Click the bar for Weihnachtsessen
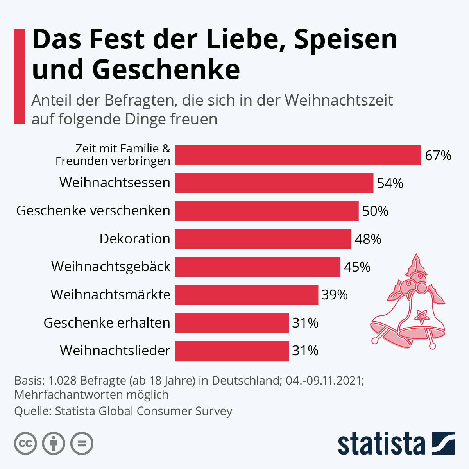[x=274, y=183]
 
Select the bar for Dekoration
[x=263, y=239]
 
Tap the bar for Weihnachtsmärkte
[x=247, y=295]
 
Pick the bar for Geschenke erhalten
[x=232, y=323]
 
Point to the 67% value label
[x=438, y=156]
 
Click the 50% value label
[x=375, y=211]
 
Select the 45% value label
[x=357, y=267]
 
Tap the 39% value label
[x=335, y=295]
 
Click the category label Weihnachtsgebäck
[x=111, y=267]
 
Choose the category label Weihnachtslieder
[x=115, y=351]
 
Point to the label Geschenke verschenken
[x=93, y=211]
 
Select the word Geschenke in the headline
[x=166, y=69]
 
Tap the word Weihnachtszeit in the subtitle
[x=338, y=100]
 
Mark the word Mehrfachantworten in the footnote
[x=69, y=395]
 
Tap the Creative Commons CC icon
[x=25, y=444]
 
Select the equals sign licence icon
[x=82, y=444]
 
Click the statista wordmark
[x=381, y=444]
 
